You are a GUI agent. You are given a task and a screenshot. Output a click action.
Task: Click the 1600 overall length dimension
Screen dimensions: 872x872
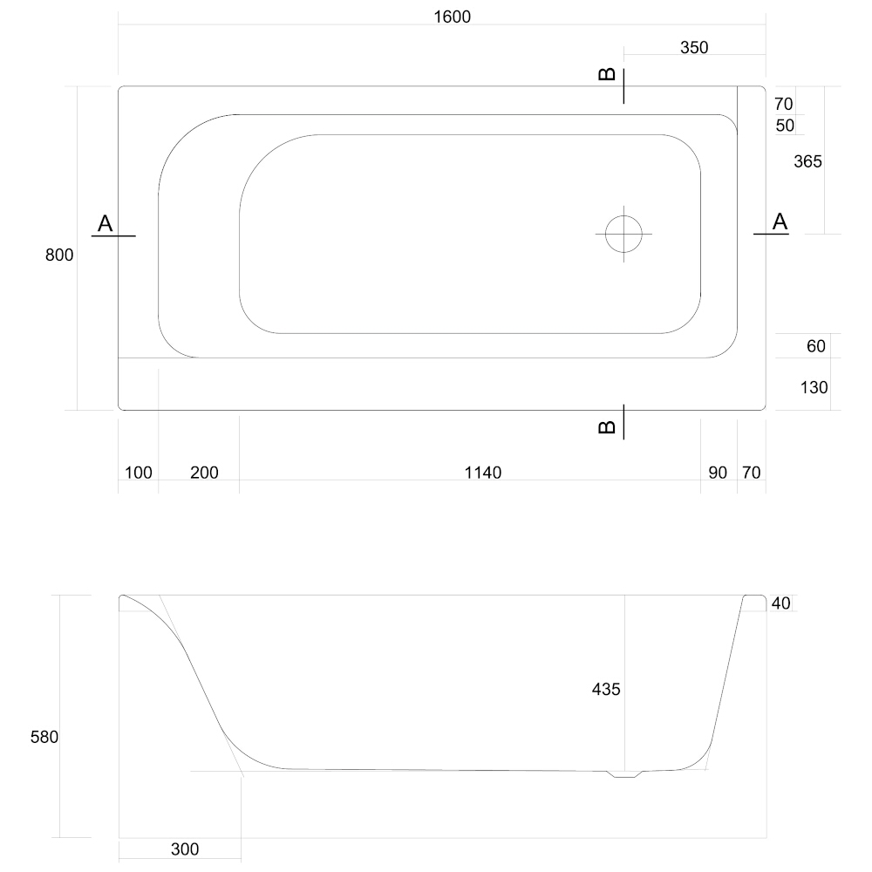pos(452,17)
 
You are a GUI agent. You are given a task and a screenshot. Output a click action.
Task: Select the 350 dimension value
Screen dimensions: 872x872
pos(694,48)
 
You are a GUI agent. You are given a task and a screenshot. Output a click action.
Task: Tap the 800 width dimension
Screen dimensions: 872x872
pos(59,255)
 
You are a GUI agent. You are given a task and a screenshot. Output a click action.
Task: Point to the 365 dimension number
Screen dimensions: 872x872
pos(807,162)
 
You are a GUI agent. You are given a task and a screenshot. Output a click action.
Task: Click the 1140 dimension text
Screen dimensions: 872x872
pos(483,473)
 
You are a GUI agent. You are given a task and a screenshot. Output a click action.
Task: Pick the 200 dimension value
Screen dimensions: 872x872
pos(204,473)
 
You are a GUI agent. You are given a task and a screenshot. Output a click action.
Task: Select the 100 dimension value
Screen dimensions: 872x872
pos(139,473)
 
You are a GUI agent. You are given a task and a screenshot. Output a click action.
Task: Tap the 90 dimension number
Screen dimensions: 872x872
pos(718,473)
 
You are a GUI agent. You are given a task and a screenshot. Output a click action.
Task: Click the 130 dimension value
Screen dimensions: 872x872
pos(814,388)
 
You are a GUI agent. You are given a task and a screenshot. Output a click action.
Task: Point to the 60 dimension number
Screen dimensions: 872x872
pos(816,346)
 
